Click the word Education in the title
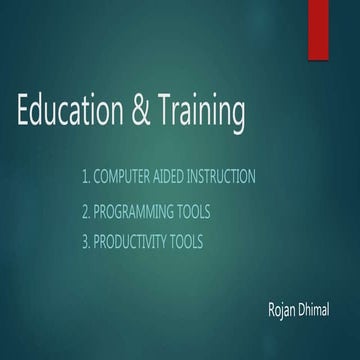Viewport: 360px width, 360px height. [x=72, y=112]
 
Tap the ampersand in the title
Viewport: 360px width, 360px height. [x=147, y=112]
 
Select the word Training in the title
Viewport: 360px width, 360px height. [x=202, y=114]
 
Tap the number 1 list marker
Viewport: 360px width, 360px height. [x=86, y=177]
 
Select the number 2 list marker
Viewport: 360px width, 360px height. [x=86, y=212]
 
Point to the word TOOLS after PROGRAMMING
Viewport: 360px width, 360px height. [x=196, y=212]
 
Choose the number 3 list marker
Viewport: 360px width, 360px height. [x=86, y=242]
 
